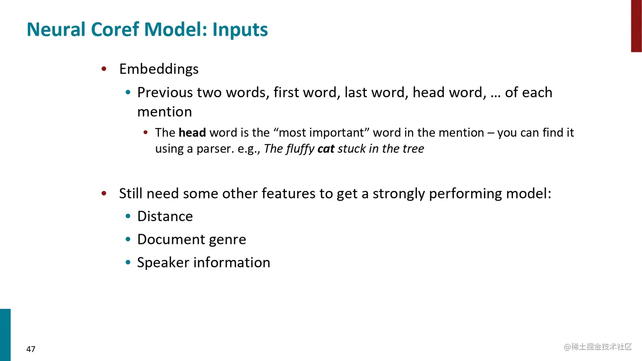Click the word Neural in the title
click(56, 29)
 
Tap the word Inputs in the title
click(240, 30)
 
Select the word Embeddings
click(159, 69)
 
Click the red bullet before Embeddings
click(104, 69)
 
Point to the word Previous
click(165, 92)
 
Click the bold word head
click(192, 132)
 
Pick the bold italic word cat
click(326, 149)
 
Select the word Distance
click(165, 216)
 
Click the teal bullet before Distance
click(128, 216)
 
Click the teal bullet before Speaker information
click(128, 262)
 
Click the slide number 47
click(31, 349)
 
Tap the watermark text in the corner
click(597, 347)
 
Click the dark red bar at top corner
click(636, 26)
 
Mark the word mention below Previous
click(164, 112)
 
